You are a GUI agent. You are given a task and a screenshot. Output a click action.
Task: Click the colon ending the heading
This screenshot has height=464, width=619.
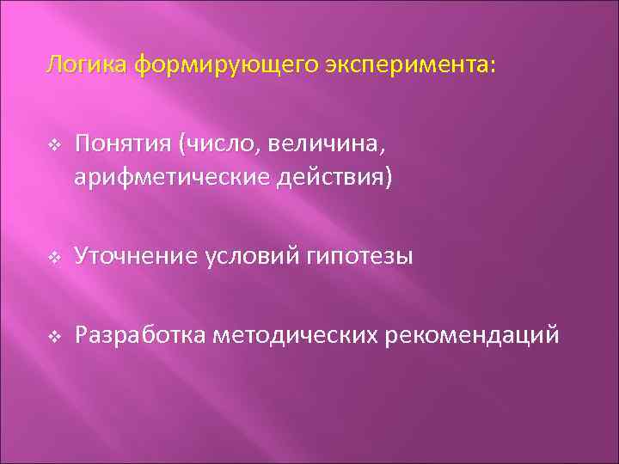click(493, 66)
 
